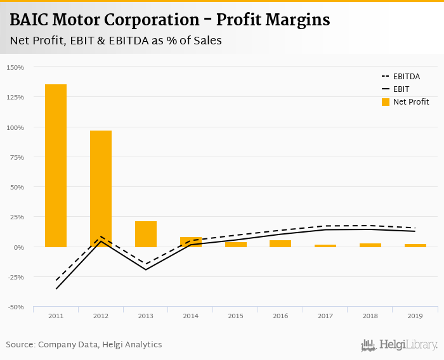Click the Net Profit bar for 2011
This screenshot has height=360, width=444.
(x=56, y=165)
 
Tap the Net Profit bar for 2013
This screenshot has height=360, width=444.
(x=146, y=234)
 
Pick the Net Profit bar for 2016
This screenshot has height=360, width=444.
(x=280, y=243)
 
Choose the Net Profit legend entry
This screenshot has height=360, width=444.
(x=405, y=101)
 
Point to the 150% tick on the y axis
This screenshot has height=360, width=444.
(x=15, y=67)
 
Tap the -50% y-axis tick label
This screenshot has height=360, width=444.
(x=15, y=307)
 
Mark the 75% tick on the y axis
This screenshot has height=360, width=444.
(x=16, y=157)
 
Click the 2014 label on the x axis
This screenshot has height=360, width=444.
(x=191, y=316)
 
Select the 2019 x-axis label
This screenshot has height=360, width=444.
(x=415, y=316)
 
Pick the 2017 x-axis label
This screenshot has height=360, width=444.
(x=325, y=316)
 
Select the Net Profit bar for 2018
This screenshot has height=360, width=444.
(x=370, y=245)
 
